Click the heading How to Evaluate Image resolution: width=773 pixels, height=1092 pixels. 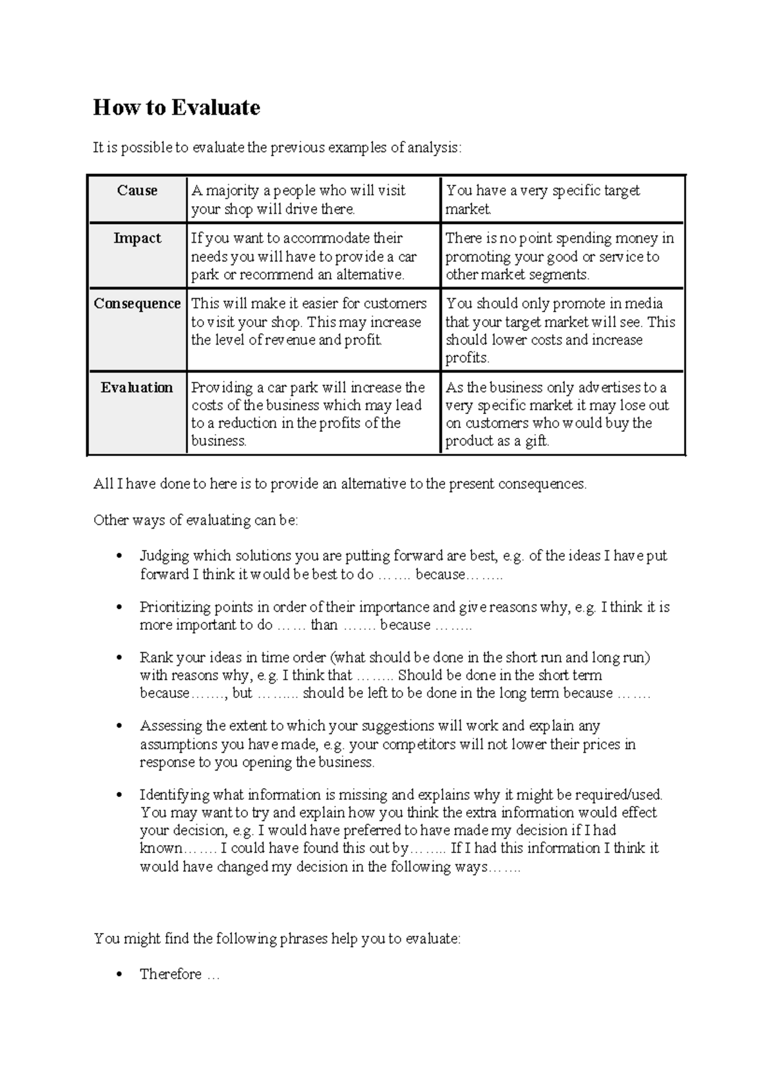click(177, 108)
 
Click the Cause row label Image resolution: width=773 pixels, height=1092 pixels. click(137, 191)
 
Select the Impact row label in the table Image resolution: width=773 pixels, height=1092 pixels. click(137, 238)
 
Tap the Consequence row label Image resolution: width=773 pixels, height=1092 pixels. click(137, 303)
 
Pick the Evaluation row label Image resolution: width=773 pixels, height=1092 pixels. click(137, 388)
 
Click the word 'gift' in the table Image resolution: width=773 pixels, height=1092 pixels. click(536, 442)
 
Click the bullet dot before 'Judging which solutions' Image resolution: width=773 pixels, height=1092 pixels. click(118, 556)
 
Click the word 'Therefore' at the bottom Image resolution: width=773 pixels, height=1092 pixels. click(171, 974)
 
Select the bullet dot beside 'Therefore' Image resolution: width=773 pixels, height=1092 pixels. click(118, 975)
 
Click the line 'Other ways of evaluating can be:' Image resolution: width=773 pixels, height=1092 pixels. click(196, 520)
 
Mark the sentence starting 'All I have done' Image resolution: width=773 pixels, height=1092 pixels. click(340, 484)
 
